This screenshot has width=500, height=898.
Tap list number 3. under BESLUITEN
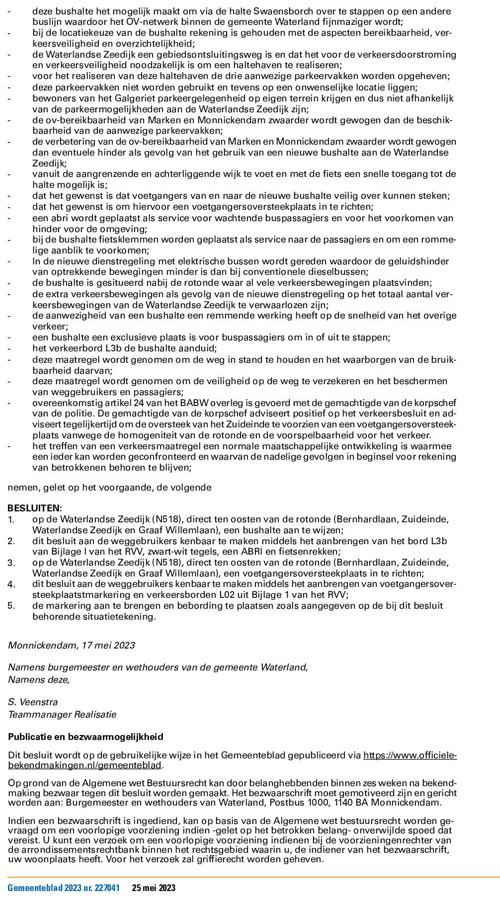coord(11,563)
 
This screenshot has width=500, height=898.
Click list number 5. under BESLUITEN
coord(11,606)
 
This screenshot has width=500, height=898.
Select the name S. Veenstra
coord(33,702)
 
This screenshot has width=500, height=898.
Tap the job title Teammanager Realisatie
coord(62,715)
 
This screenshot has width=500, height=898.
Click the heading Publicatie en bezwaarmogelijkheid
coord(85,736)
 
